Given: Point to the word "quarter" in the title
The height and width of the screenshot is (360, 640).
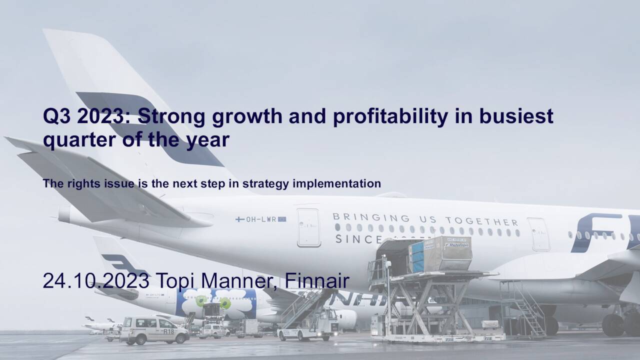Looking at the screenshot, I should (x=74, y=140).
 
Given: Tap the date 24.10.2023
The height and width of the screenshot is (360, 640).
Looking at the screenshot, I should (x=95, y=281).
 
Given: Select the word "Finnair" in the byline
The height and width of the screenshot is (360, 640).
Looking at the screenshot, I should (x=316, y=281).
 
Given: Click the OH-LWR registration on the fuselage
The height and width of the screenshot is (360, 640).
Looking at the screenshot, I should (x=261, y=219).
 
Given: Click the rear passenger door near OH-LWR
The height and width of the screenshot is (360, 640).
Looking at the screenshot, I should (x=308, y=227).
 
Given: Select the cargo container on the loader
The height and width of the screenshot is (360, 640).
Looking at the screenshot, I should (x=440, y=253).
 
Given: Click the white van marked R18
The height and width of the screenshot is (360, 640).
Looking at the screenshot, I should (x=154, y=329).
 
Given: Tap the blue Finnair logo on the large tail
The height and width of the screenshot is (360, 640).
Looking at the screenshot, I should (x=150, y=127).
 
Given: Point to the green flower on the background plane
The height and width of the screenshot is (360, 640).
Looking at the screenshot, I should (x=201, y=301).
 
